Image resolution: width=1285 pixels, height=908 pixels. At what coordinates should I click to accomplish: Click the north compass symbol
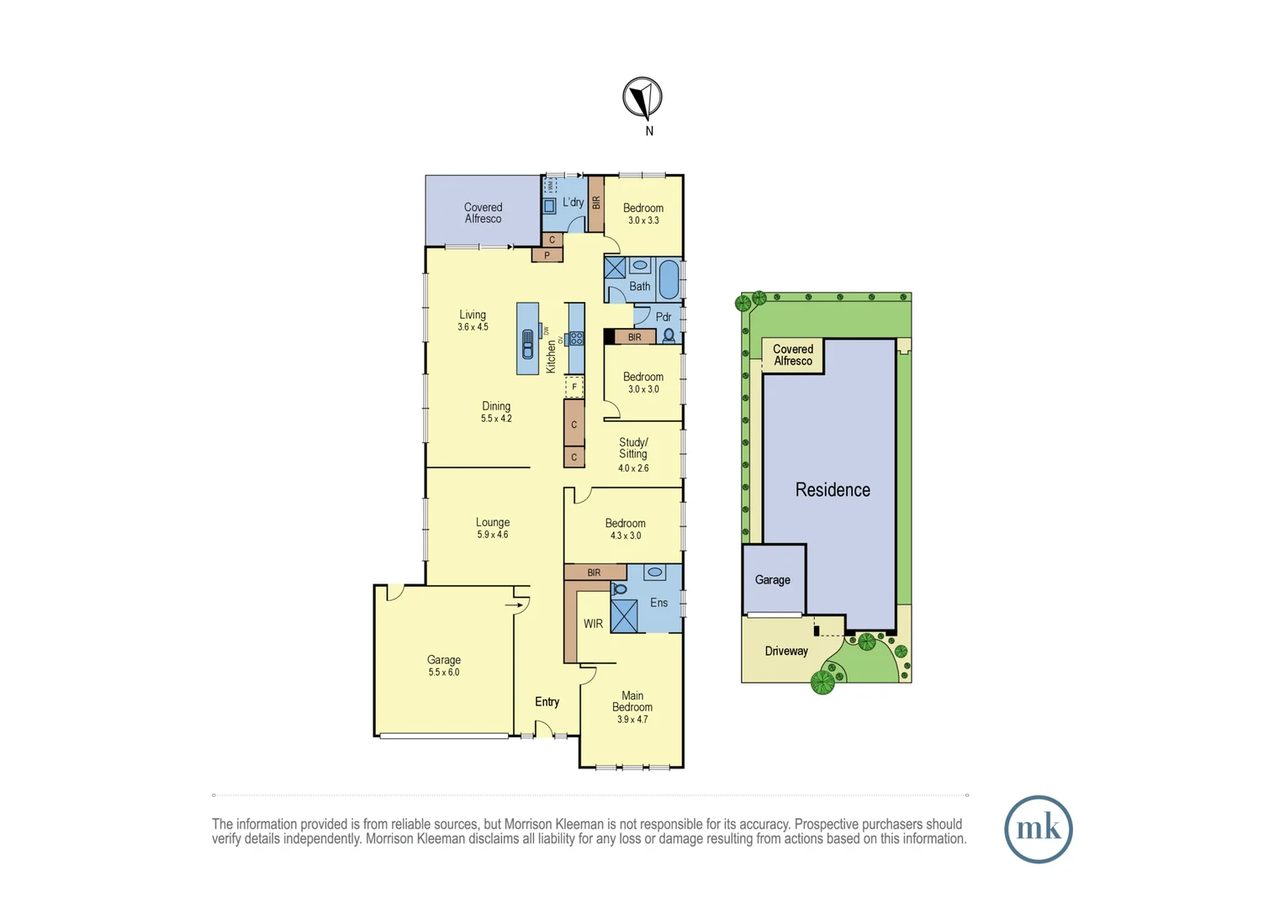[x=642, y=98]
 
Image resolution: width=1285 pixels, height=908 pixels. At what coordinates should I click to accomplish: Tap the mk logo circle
[x=1038, y=829]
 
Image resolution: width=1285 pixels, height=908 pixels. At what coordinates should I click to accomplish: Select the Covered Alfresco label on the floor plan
[x=483, y=213]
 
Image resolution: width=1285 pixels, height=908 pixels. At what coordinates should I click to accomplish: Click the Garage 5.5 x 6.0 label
[x=443, y=665]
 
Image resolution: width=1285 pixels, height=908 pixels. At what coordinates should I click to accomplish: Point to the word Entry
[x=547, y=701]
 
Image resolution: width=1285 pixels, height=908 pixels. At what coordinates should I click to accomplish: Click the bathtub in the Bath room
[x=669, y=279]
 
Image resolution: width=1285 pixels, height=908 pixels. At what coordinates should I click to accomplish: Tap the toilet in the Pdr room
[x=669, y=335]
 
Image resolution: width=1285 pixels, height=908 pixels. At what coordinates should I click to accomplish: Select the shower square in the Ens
[x=624, y=616]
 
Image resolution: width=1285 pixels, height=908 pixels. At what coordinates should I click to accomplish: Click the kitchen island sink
[x=527, y=343]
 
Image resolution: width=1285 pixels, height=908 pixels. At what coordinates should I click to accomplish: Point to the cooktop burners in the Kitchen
[x=576, y=339]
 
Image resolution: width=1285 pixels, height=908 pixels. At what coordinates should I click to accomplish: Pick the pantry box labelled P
[x=547, y=255]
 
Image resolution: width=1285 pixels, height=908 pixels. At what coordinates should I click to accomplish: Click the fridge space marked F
[x=574, y=387]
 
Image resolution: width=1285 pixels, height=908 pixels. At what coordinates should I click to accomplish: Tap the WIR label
[x=593, y=624]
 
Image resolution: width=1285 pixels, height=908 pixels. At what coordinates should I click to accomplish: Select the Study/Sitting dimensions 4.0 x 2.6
[x=633, y=467]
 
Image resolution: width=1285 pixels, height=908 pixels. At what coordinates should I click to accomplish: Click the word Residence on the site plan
[x=833, y=489]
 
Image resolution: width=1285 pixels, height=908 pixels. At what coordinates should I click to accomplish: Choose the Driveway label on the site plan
[x=786, y=651]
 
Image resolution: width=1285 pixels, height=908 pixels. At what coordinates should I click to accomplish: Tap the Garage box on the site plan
[x=773, y=579]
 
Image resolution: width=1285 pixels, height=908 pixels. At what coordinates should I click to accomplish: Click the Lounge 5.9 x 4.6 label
[x=492, y=528]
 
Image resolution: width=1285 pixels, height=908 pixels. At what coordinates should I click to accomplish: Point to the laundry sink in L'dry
[x=549, y=205]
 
